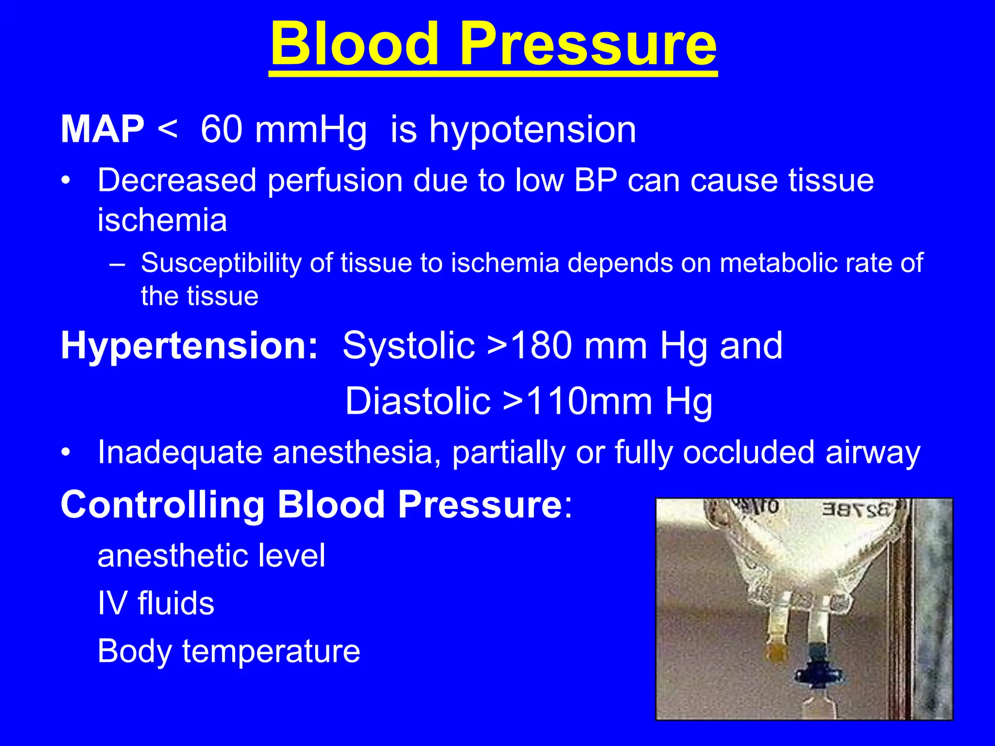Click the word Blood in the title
(x=355, y=45)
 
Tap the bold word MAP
(x=103, y=130)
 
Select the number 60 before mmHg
(x=222, y=130)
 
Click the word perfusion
(x=335, y=181)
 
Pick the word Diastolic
(x=418, y=402)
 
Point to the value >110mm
(x=578, y=402)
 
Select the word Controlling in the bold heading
(x=163, y=505)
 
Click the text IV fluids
(x=155, y=604)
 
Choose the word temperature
(x=271, y=651)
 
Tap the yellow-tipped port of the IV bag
(x=778, y=651)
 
